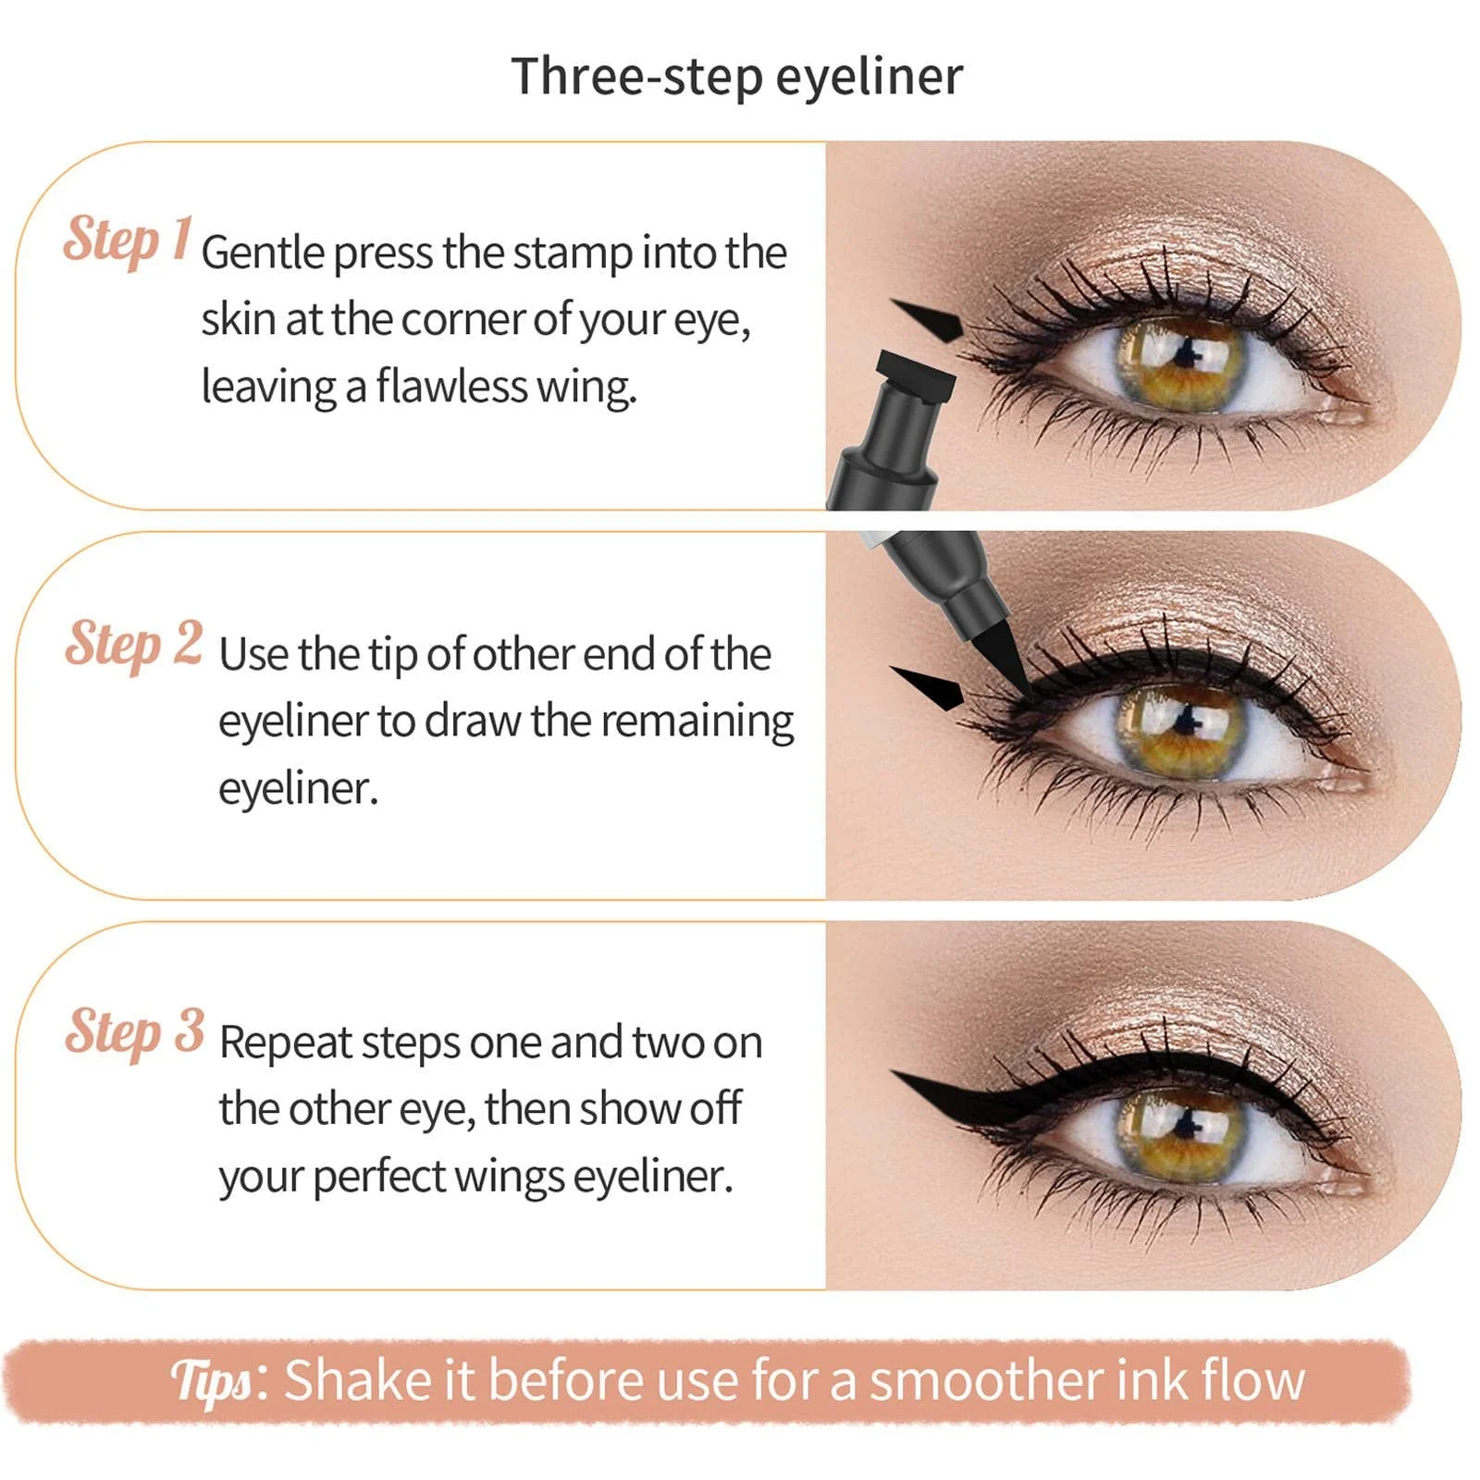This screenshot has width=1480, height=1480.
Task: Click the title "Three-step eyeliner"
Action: [736, 77]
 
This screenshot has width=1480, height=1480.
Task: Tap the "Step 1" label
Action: [128, 240]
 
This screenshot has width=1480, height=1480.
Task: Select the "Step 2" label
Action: [134, 644]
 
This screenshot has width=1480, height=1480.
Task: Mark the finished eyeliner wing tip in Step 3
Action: [892, 1073]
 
